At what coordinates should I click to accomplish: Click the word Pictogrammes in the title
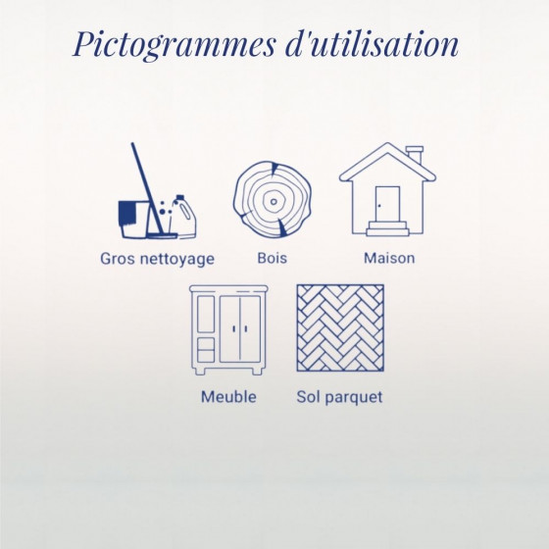click(175, 45)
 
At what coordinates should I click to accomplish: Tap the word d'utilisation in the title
click(373, 43)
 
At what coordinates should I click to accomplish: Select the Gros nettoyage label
click(157, 260)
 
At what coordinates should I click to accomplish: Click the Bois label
click(273, 258)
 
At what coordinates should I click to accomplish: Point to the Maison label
click(389, 258)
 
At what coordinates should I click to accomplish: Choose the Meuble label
click(228, 397)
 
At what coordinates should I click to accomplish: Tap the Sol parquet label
click(339, 397)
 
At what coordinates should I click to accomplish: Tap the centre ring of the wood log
click(274, 202)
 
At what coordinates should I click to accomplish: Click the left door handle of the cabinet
click(234, 329)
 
